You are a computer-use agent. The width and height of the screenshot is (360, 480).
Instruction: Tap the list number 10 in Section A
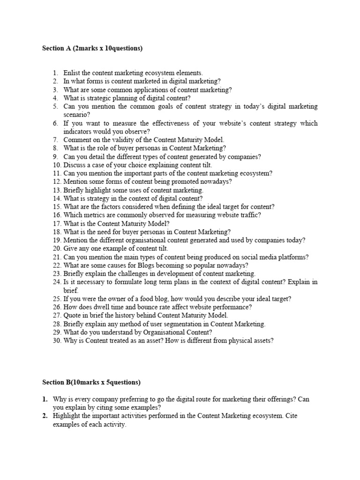pos(56,165)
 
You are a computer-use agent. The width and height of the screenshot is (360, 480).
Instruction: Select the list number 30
pos(56,341)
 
